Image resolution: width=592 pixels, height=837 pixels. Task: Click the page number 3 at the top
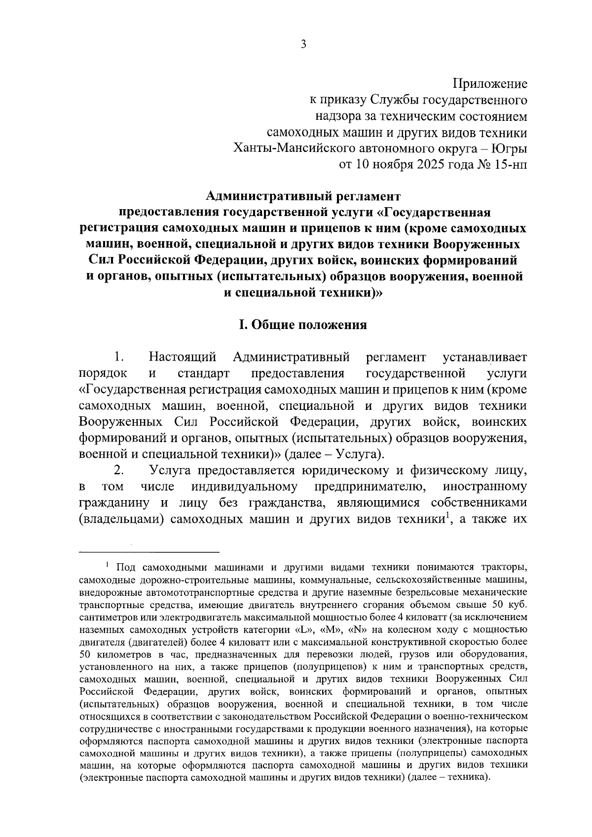pyautogui.click(x=303, y=44)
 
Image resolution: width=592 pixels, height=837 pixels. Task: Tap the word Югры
pyautogui.click(x=509, y=148)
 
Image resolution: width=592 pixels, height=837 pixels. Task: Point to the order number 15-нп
pyautogui.click(x=508, y=164)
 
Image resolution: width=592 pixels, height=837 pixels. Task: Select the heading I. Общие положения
pyautogui.click(x=303, y=325)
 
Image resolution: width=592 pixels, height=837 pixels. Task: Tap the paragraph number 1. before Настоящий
pyautogui.click(x=117, y=357)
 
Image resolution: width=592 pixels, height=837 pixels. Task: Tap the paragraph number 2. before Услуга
pyautogui.click(x=117, y=471)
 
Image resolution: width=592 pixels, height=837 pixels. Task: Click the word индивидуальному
pyautogui.click(x=244, y=487)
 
